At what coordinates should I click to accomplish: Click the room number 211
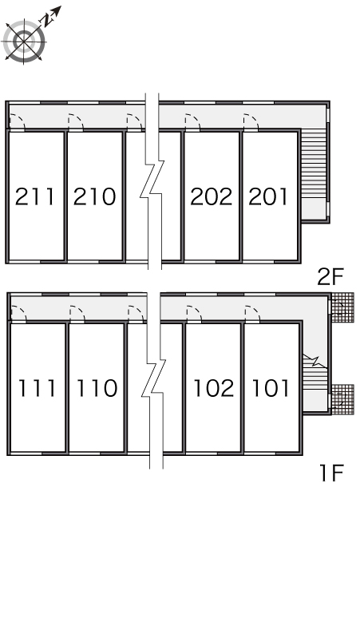point(34,196)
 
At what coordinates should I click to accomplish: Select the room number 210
point(94,196)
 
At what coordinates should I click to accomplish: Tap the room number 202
point(212,196)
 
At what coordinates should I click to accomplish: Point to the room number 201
point(268,196)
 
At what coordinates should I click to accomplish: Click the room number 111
point(37,388)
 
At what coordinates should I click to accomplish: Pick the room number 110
point(97,388)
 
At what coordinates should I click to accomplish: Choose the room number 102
point(214,388)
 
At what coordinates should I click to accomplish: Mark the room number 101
point(271,388)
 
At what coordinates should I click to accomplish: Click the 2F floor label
point(330,276)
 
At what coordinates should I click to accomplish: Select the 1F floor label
point(332,473)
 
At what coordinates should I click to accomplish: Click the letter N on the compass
point(48,20)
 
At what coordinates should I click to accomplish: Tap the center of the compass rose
point(25,41)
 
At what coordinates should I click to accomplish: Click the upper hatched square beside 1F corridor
point(342,308)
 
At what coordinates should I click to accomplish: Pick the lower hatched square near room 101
point(342,400)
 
